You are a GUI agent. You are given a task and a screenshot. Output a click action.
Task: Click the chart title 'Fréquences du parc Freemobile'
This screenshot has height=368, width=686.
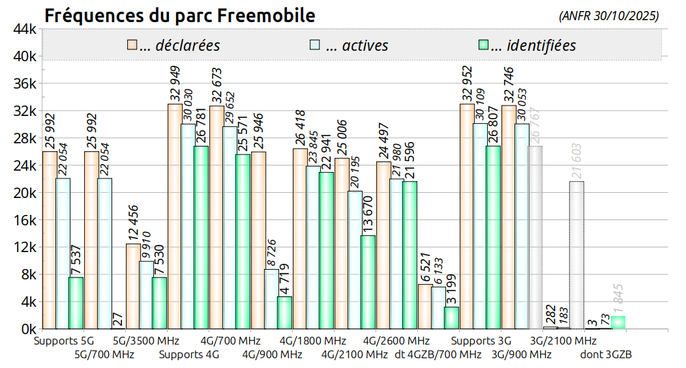click(179, 15)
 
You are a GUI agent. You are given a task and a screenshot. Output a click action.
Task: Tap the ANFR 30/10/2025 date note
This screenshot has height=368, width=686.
click(609, 16)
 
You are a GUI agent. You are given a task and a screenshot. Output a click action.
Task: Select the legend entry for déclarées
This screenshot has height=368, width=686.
click(173, 46)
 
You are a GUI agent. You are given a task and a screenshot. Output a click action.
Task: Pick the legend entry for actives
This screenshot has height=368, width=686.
click(349, 46)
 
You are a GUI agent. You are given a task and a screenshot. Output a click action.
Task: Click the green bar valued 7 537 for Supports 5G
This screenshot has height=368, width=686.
click(76, 303)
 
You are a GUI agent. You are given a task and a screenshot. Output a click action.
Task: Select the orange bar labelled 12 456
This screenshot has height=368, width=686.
click(133, 286)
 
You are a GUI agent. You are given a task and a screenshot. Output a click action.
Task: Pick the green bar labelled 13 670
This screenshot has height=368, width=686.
click(368, 282)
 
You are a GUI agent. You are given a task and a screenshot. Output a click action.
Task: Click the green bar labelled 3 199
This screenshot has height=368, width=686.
click(451, 318)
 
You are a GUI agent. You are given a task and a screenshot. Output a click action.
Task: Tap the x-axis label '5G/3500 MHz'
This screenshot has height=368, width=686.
click(145, 341)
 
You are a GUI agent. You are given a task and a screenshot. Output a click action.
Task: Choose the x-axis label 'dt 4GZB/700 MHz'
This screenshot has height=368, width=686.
click(438, 355)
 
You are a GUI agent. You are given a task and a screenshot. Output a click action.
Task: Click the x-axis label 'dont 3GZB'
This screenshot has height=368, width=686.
click(606, 355)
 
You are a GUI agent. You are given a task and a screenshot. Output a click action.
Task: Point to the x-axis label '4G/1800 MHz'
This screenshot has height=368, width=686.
click(312, 341)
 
